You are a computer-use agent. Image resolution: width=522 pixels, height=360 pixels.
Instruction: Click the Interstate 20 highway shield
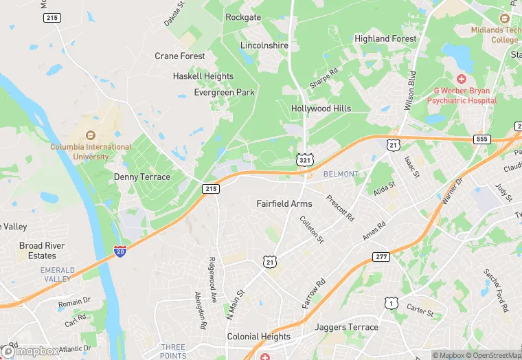[x=120, y=251]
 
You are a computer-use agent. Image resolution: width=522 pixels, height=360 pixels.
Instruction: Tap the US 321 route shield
[x=303, y=159]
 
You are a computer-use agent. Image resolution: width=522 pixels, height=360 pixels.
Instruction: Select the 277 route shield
[x=381, y=256]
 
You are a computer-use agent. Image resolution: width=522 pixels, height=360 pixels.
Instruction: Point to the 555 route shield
[x=481, y=139]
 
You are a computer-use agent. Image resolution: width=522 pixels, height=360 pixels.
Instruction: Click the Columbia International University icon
[x=91, y=135]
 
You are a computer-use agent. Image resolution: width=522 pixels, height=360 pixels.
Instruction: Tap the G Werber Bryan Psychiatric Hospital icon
[x=461, y=78]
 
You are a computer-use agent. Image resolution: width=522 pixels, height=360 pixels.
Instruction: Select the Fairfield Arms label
[x=284, y=203]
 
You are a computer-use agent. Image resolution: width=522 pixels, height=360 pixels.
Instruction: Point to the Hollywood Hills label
[x=321, y=109]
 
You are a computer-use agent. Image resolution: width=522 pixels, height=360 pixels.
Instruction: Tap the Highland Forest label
[x=385, y=39]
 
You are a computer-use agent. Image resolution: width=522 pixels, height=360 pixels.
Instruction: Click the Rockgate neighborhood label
[x=243, y=17]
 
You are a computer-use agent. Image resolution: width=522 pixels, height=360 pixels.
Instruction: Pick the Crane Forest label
[x=180, y=56]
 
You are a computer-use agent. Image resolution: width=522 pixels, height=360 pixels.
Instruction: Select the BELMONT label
[x=341, y=174]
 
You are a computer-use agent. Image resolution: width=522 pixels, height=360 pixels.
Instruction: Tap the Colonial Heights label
[x=259, y=337]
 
